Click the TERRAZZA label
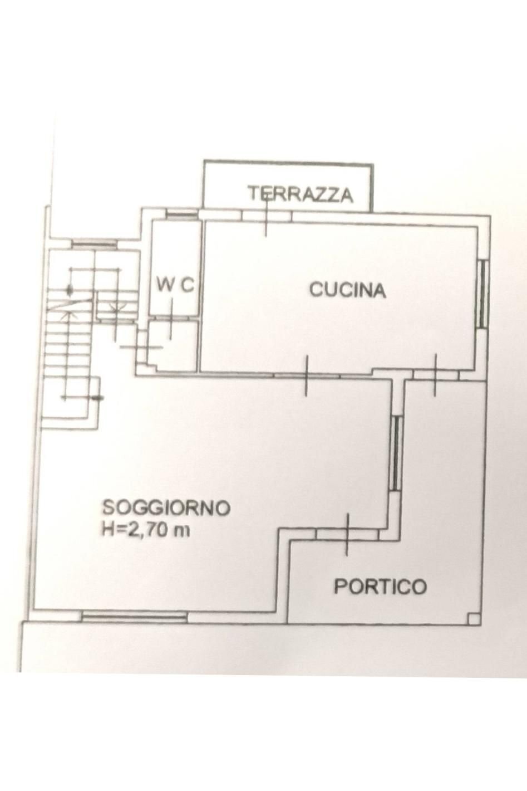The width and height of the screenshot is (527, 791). click(x=300, y=194)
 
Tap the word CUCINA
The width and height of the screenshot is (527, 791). click(x=347, y=290)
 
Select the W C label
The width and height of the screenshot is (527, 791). click(x=175, y=285)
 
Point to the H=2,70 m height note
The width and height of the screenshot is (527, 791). click(x=145, y=530)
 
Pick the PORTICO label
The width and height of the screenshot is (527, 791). click(x=380, y=587)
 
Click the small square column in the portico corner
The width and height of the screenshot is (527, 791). click(x=473, y=618)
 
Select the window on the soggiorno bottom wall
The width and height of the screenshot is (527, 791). click(x=134, y=616)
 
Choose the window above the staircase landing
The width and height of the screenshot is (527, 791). click(x=94, y=243)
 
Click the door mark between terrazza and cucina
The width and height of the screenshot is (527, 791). click(x=266, y=216)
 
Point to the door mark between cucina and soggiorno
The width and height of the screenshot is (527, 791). click(x=307, y=376)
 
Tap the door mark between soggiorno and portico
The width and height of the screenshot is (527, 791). click(x=347, y=534)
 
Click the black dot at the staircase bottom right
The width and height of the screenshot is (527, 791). click(x=99, y=398)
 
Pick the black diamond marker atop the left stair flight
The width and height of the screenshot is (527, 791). click(x=70, y=290)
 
